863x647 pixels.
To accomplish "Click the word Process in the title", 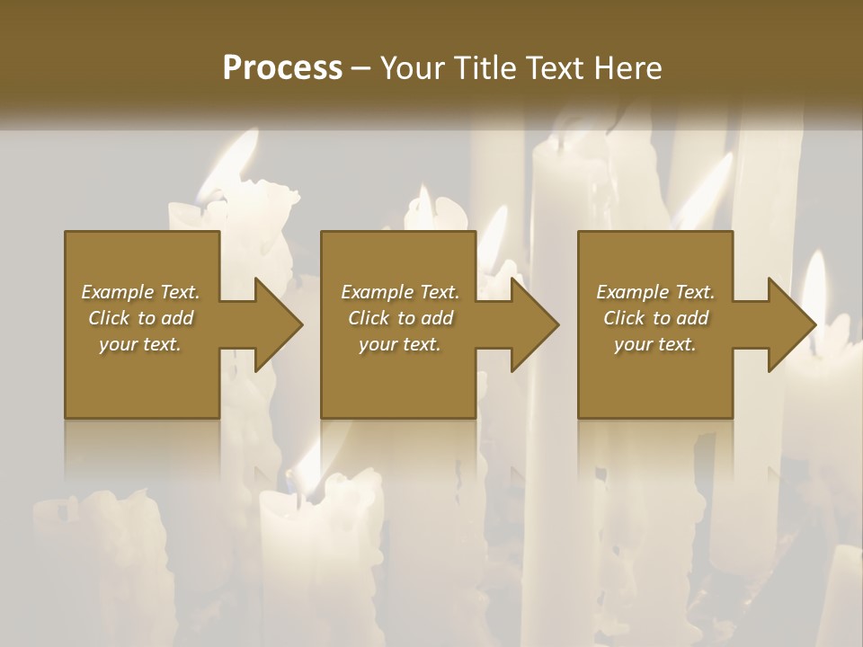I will click(x=282, y=68).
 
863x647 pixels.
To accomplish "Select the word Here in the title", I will click(x=628, y=68).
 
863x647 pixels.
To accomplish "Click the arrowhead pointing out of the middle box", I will click(x=534, y=324).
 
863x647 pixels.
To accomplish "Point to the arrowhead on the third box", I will click(x=791, y=324).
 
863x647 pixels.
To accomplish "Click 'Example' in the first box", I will click(x=118, y=292).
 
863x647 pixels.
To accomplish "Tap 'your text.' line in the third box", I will click(x=654, y=344).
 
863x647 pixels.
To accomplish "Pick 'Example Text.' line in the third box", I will click(x=654, y=292).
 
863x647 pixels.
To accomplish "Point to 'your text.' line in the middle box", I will click(x=399, y=344).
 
